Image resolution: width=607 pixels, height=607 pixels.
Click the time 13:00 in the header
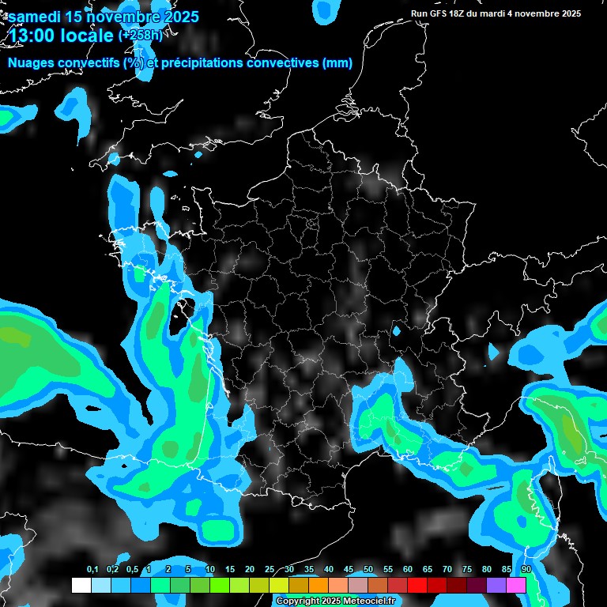(x=31, y=36)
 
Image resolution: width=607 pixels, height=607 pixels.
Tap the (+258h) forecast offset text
(x=140, y=36)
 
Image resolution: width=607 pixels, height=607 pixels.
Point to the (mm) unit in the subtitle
(x=337, y=63)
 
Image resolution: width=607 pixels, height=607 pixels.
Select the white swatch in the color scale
(x=81, y=586)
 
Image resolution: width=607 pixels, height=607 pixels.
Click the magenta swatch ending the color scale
(x=516, y=586)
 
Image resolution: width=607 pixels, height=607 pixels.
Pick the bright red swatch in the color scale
(x=417, y=586)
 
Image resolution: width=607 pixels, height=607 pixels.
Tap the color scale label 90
(x=526, y=570)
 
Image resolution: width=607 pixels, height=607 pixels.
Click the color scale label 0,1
(x=92, y=570)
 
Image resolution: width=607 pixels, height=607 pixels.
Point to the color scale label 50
(x=368, y=570)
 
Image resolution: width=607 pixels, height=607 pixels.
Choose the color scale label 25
(x=270, y=570)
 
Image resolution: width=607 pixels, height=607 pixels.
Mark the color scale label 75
(x=467, y=570)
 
